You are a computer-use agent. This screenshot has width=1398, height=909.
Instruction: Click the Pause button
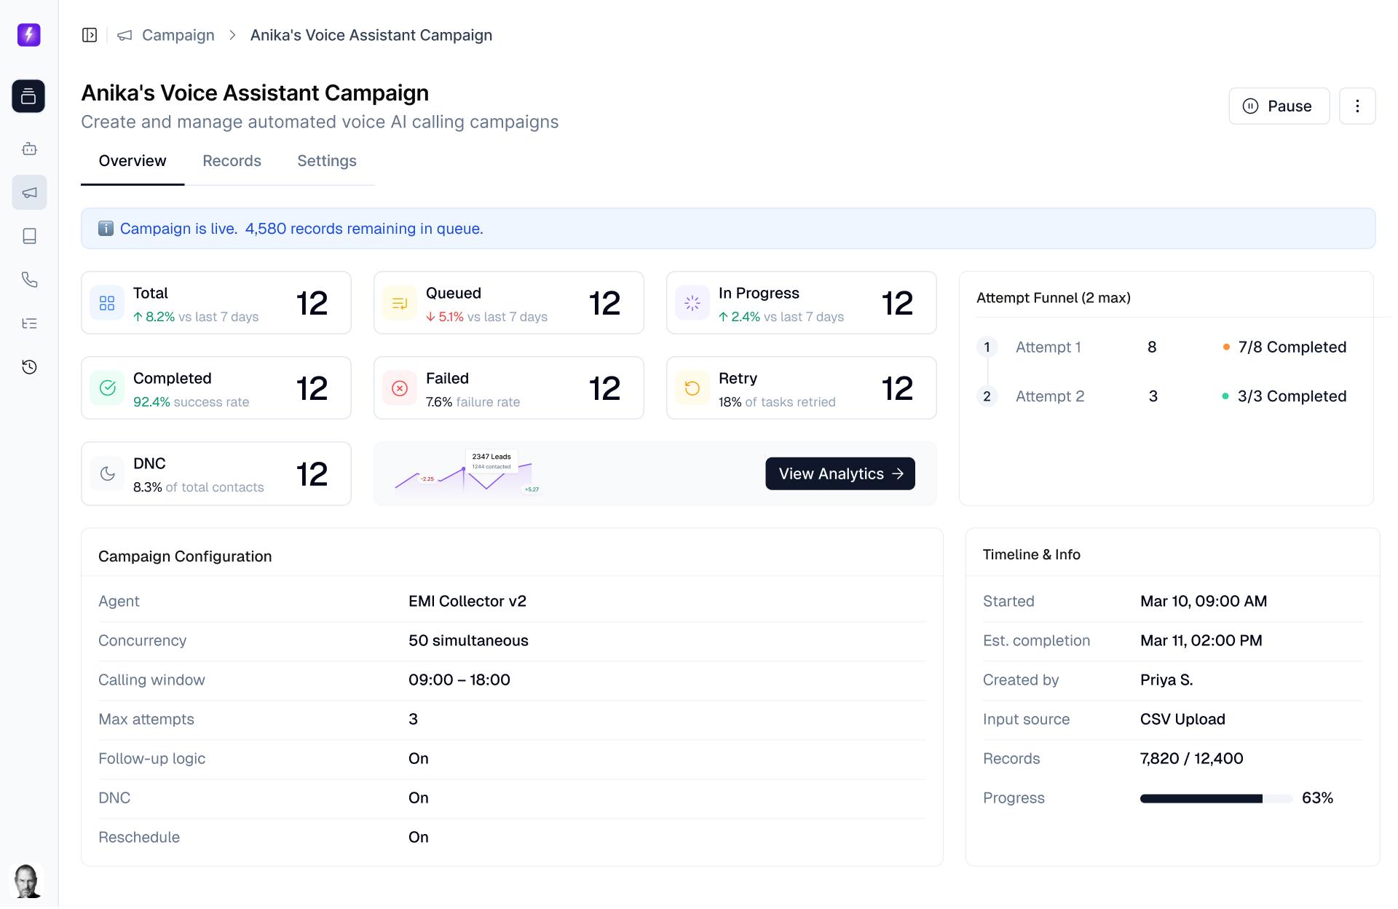coord(1279,106)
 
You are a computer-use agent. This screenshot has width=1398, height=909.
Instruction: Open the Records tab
coord(232,161)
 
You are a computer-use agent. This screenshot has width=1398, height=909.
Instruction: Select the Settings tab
coord(326,161)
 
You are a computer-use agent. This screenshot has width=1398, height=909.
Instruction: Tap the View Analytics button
coord(840,473)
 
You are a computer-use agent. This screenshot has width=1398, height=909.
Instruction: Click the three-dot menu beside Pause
coord(1356,106)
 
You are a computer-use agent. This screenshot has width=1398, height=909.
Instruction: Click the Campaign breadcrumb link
coord(178,35)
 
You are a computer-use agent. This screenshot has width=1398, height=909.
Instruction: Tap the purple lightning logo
coord(29,35)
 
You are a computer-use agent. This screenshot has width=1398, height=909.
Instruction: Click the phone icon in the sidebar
coord(29,280)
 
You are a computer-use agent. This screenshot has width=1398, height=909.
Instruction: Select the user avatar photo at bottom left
coord(27,881)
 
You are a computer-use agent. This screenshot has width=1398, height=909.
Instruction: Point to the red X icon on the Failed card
coord(400,388)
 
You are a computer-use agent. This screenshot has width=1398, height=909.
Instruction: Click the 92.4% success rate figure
coord(151,402)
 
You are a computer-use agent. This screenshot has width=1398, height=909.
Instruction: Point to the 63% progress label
coord(1317,798)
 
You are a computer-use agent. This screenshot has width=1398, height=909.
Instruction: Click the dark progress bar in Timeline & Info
coord(1201,799)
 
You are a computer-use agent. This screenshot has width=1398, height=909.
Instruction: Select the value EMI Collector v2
coord(467,602)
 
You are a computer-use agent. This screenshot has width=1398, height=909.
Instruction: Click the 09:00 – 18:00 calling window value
coord(459,680)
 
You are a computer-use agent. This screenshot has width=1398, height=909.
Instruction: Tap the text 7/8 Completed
coord(1292,347)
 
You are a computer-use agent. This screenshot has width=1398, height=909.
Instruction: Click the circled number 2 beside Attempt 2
coord(987,396)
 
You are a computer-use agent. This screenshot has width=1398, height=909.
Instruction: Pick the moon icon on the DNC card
coord(108,474)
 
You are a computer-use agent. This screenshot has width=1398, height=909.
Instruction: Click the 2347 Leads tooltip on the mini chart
coord(491,460)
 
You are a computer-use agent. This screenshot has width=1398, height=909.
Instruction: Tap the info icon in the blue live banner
coord(106,229)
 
